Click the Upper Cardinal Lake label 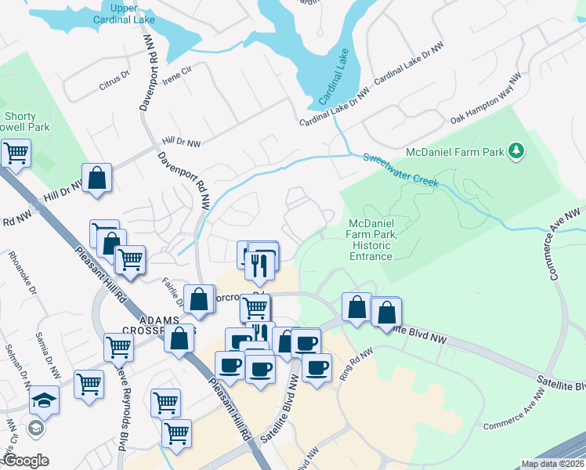click(113, 13)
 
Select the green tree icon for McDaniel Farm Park click(515, 150)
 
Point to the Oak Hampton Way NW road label click(486, 99)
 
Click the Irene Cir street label click(176, 75)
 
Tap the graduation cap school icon click(45, 401)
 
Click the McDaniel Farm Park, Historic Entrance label click(371, 239)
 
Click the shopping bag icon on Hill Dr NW click(96, 177)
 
